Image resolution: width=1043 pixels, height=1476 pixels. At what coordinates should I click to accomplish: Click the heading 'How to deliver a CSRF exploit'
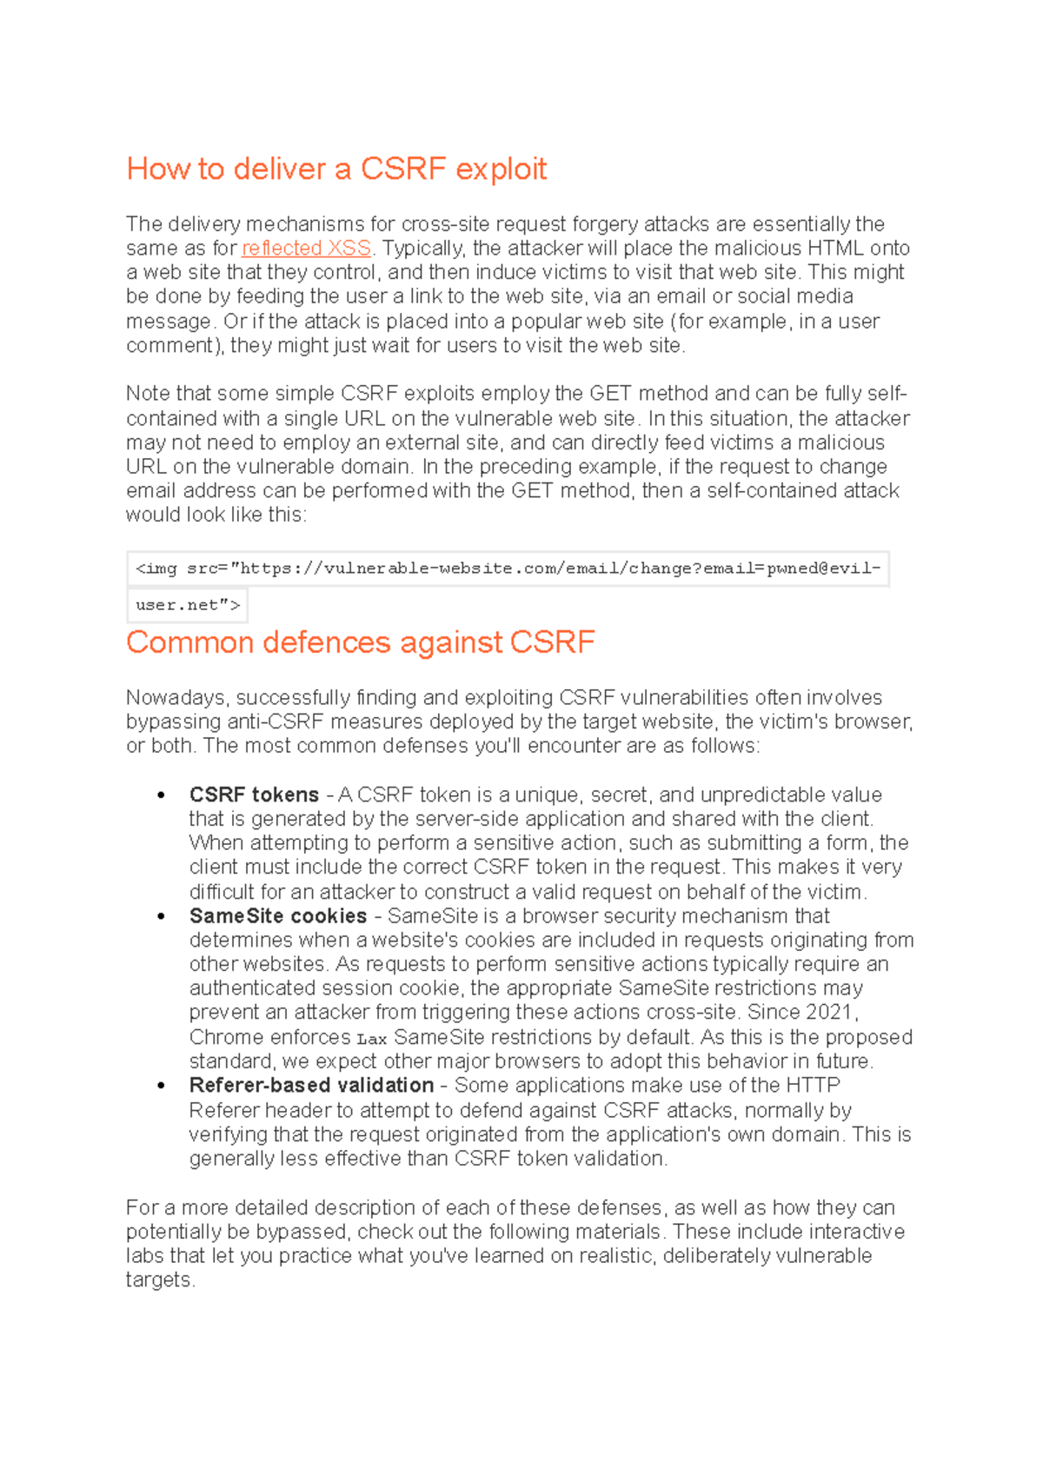coord(336,169)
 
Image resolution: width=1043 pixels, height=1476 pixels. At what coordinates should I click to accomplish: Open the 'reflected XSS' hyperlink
coord(306,249)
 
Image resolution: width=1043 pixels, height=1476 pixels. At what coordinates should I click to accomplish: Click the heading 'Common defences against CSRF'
coord(360,642)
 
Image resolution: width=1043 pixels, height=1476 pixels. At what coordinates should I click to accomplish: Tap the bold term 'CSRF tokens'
coord(254,795)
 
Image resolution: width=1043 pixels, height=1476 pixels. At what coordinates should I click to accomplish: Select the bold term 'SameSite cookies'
coord(277,916)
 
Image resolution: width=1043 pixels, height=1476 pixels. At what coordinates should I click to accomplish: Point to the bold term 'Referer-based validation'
coord(311,1086)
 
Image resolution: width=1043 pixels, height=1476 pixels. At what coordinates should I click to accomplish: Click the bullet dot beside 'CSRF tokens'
coord(161,795)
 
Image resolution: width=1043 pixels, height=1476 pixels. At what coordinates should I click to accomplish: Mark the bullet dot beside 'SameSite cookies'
coord(161,917)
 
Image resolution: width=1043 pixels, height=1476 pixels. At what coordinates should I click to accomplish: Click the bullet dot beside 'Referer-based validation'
coord(161,1087)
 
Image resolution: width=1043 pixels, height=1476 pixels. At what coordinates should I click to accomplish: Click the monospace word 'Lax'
coord(371,1039)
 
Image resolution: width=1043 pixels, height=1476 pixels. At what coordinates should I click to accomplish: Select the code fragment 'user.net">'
coord(188,605)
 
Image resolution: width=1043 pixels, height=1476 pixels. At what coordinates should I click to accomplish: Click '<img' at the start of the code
coord(156,568)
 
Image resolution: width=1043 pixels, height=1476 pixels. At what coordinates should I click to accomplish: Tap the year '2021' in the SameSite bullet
coord(830,1013)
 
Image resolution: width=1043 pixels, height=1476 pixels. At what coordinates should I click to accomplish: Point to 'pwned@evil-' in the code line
coord(823,568)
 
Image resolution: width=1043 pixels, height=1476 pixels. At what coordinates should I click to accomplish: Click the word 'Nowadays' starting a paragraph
coord(177,698)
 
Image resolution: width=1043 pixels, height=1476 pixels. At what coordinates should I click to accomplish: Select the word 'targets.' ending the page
coord(160,1280)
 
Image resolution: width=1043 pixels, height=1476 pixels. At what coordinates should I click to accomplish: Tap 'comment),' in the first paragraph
coord(175,346)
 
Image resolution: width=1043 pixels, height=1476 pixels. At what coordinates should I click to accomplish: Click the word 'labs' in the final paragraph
coord(144,1256)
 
